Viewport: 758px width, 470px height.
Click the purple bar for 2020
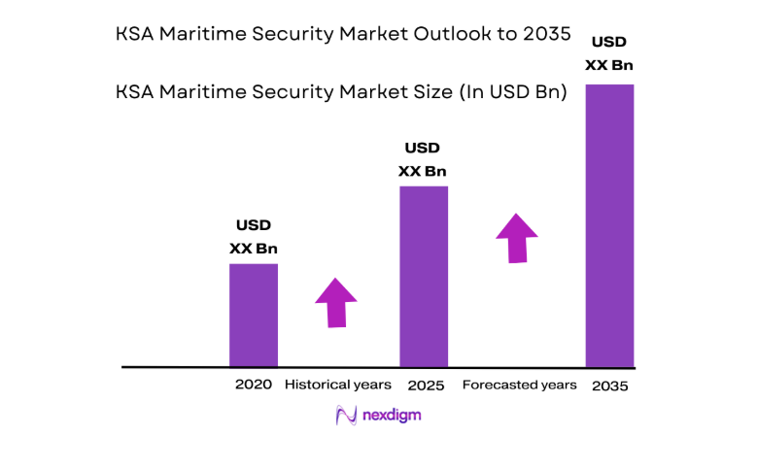pyautogui.click(x=253, y=315)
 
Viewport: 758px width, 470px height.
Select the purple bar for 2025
pyautogui.click(x=424, y=276)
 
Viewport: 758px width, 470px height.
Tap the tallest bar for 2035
pyautogui.click(x=609, y=225)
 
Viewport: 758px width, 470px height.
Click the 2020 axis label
pyautogui.click(x=253, y=385)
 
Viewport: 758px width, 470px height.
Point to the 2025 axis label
pyautogui.click(x=426, y=386)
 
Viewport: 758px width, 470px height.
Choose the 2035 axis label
pyautogui.click(x=609, y=386)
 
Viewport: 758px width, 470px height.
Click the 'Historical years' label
pyautogui.click(x=337, y=385)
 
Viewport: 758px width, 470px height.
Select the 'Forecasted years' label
pyautogui.click(x=519, y=385)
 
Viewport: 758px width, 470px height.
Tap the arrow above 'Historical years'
pyautogui.click(x=336, y=302)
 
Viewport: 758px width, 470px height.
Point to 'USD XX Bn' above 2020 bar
pyautogui.click(x=254, y=237)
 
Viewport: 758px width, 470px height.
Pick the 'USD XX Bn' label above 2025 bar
pyautogui.click(x=423, y=159)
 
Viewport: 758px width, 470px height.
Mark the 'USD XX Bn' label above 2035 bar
pyautogui.click(x=609, y=54)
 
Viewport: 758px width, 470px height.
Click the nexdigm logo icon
pyautogui.click(x=346, y=416)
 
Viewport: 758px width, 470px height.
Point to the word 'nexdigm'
pyautogui.click(x=392, y=416)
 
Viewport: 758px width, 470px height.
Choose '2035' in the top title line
pyautogui.click(x=544, y=36)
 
